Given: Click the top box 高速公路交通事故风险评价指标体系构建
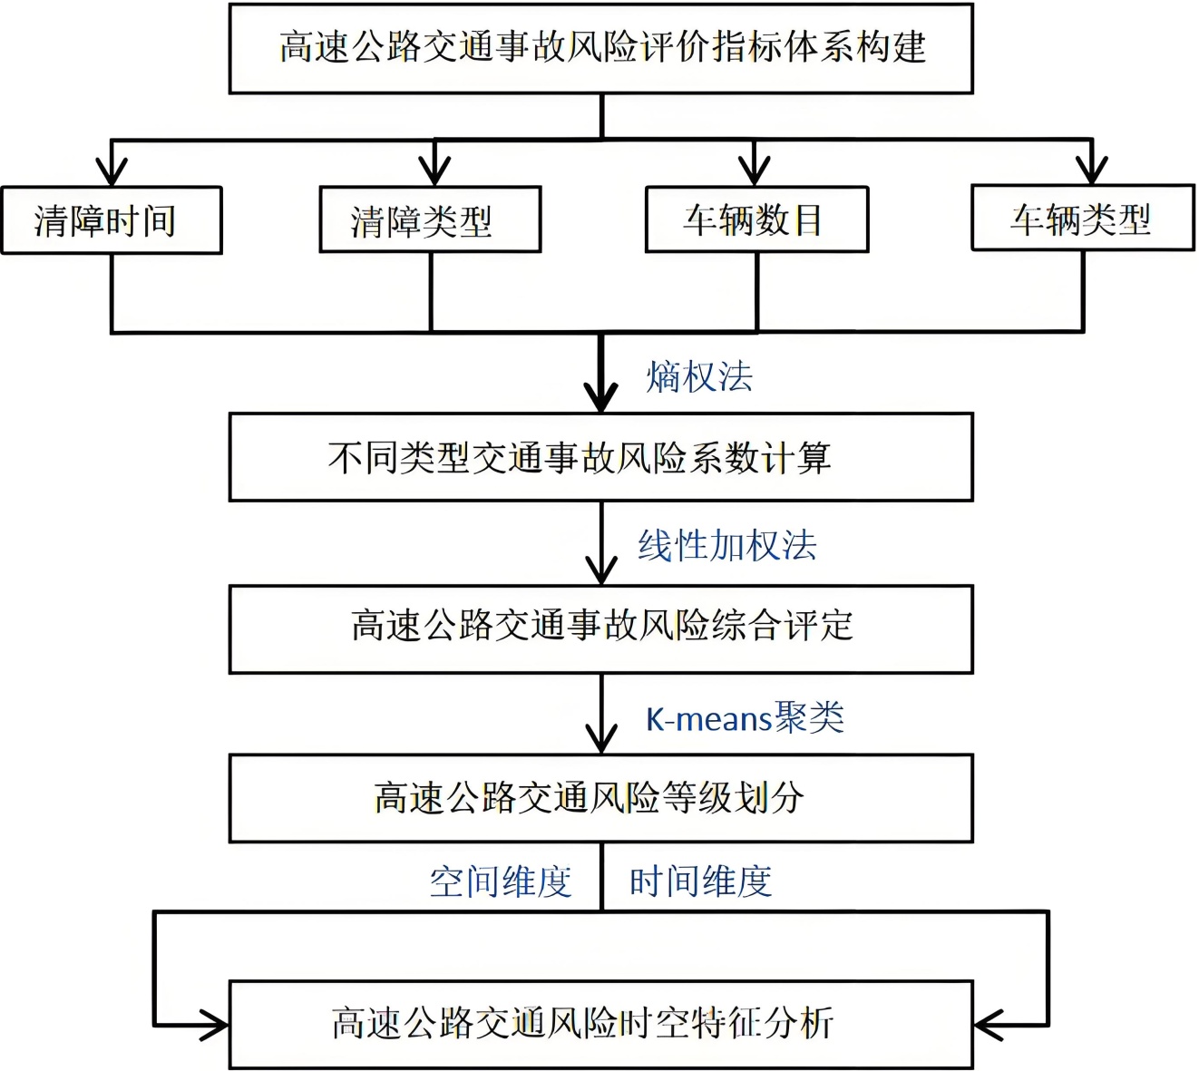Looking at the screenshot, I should pos(600,48).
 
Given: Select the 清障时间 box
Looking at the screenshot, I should pos(112,220).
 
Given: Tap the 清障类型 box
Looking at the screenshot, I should pos(430,220).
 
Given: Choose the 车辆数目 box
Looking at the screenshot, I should pos(756,219).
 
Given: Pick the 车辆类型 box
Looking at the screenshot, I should pos(1083,219).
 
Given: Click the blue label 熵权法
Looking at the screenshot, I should pos(699,377).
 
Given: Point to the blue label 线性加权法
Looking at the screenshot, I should pos(726,546).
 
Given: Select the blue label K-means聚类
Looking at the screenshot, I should pos(745,718).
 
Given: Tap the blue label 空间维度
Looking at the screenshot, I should pos(501,881).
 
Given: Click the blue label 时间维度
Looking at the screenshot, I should pos(700,881).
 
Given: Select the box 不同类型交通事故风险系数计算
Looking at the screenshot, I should pos(600,457).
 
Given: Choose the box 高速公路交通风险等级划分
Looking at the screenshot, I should pos(600,798).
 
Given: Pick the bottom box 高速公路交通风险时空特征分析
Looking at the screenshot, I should pos(600,1024).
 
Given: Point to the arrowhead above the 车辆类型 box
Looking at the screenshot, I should pos(1092,170).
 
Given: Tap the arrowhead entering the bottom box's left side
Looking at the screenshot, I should pos(215,1026).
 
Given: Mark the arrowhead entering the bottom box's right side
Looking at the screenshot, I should pos(987,1026).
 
